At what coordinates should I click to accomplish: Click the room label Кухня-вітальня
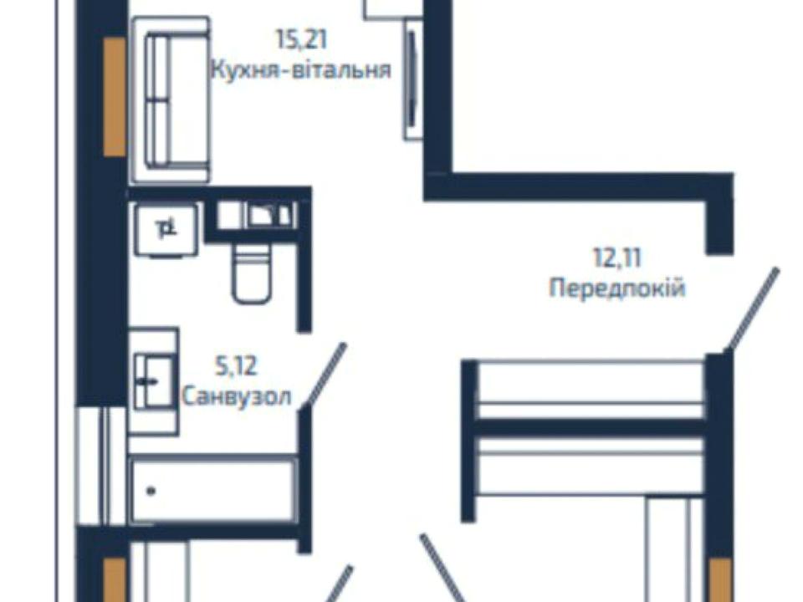[301, 69]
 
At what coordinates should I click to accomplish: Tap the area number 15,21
[301, 39]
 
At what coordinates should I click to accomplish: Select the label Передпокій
[617, 288]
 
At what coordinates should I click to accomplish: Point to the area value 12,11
[617, 258]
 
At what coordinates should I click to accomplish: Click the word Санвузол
[237, 396]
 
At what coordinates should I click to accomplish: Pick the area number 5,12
[237, 366]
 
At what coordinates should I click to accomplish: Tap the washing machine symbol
[166, 229]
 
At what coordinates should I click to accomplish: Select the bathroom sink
[153, 381]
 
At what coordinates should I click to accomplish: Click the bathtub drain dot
[151, 491]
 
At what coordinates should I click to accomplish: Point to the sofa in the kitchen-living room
[171, 99]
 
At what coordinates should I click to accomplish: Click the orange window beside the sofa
[115, 97]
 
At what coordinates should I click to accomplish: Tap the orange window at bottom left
[115, 580]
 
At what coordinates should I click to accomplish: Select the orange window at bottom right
[720, 580]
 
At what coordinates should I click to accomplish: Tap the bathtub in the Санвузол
[214, 491]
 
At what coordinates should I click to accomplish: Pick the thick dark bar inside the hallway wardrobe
[591, 428]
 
